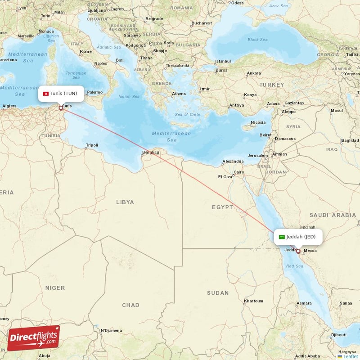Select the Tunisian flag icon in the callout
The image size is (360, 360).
tap(45, 94)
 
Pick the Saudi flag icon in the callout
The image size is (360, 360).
tap(282, 237)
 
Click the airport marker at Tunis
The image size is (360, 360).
tap(61, 108)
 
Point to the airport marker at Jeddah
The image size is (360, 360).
tap(298, 251)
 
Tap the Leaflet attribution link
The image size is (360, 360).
tap(350, 356)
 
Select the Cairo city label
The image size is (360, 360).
tap(238, 172)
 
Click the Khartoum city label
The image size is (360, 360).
tap(253, 301)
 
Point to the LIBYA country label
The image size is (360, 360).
tap(125, 202)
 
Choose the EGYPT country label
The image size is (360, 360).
tap(223, 207)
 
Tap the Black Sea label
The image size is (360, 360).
tap(257, 40)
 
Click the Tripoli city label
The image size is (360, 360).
tap(92, 145)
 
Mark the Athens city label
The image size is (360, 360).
tap(179, 94)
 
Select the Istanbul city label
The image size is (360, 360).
tap(223, 61)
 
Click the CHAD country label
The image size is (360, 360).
tap(130, 305)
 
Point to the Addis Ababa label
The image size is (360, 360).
tap(308, 355)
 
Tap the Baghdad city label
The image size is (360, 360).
tap(350, 140)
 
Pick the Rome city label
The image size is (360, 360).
tap(85, 51)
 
